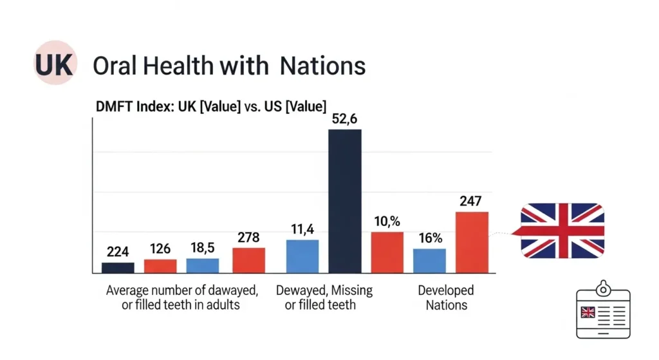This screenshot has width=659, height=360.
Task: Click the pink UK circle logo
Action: pyautogui.click(x=54, y=65)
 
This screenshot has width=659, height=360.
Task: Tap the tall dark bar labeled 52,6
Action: pyautogui.click(x=345, y=200)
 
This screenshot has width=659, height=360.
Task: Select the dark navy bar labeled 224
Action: pyautogui.click(x=118, y=267)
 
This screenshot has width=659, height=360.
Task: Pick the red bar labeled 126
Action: pyautogui.click(x=160, y=265)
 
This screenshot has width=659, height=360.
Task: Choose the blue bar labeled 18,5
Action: pyautogui.click(x=203, y=265)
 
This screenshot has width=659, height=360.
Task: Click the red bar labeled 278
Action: pyautogui.click(x=248, y=260)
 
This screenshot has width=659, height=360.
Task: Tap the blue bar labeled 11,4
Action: pyautogui.click(x=302, y=256)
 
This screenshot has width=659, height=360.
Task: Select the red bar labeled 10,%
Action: pyautogui.click(x=387, y=252)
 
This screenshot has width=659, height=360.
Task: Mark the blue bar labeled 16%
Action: pyautogui.click(x=429, y=260)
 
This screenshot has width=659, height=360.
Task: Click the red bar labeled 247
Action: pyautogui.click(x=472, y=242)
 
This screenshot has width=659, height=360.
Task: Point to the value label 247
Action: pyautogui.click(x=472, y=201)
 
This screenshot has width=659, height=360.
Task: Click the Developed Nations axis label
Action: pyautogui.click(x=446, y=298)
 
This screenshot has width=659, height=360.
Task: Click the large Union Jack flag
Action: pyautogui.click(x=562, y=230)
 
